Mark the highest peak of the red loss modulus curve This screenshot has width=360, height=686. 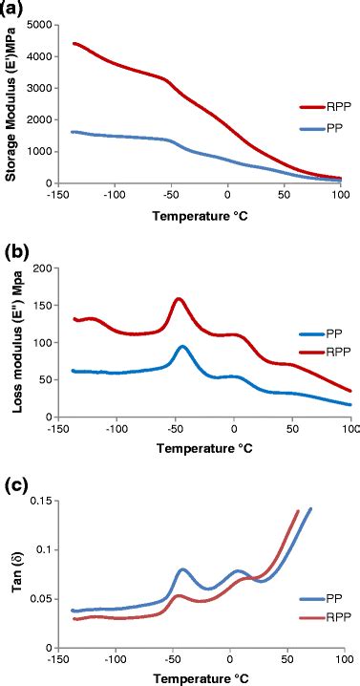tap(179, 298)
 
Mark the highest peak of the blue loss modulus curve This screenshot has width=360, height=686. tap(182, 346)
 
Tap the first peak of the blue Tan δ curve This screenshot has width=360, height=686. tap(183, 569)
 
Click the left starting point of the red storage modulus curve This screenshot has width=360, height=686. tap(74, 43)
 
